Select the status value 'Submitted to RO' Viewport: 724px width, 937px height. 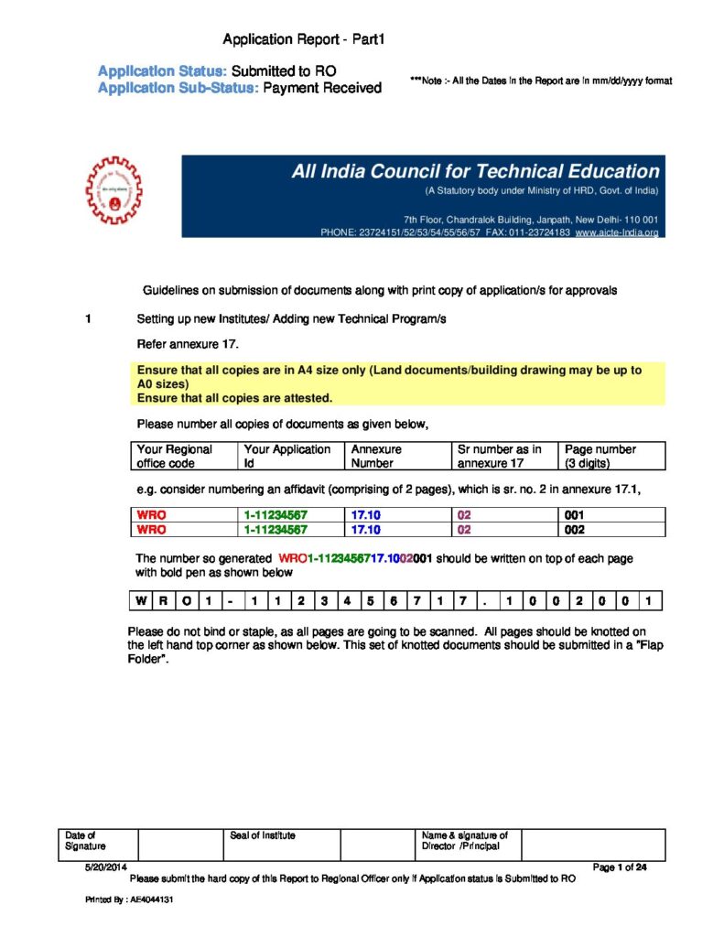click(x=290, y=70)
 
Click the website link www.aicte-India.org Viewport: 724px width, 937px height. click(x=617, y=233)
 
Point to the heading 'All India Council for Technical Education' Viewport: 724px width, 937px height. click(x=475, y=171)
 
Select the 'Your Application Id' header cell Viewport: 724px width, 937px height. click(x=290, y=455)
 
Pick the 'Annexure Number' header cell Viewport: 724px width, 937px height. click(x=397, y=455)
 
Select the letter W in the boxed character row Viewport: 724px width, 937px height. click(x=138, y=601)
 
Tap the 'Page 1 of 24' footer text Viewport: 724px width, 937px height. click(x=620, y=867)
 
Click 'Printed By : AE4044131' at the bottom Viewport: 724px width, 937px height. click(x=130, y=900)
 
